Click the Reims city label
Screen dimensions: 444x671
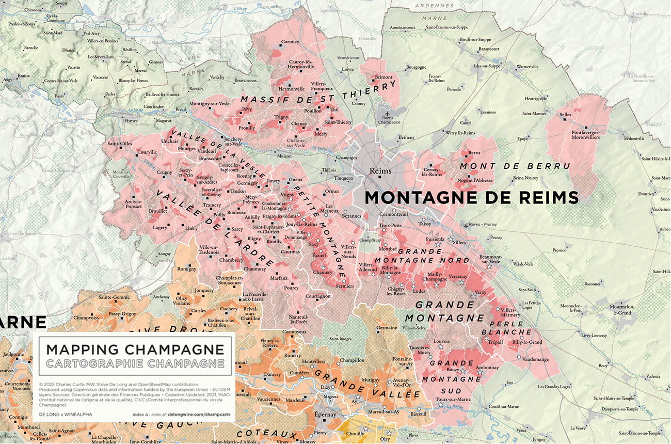click(x=380, y=171)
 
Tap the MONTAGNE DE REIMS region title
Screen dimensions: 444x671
click(x=471, y=198)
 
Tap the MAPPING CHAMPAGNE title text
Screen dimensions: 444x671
click(x=135, y=350)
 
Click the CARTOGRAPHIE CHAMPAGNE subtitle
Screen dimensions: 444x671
click(x=135, y=363)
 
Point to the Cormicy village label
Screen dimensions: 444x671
click(x=290, y=42)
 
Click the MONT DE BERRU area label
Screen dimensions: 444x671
click(x=515, y=166)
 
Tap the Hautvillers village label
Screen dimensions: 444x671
click(x=313, y=361)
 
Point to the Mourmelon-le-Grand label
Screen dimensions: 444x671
click(x=627, y=310)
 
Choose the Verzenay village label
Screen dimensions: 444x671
click(x=458, y=276)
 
